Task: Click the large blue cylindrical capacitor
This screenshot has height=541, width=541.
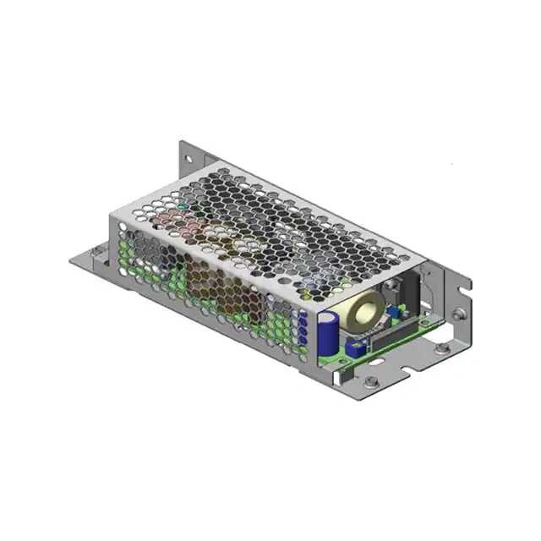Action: tap(329, 331)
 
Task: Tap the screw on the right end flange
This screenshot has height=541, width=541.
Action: tap(456, 314)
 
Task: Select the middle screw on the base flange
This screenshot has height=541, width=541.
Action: tap(440, 345)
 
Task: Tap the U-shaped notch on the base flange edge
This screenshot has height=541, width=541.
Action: tap(416, 363)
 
